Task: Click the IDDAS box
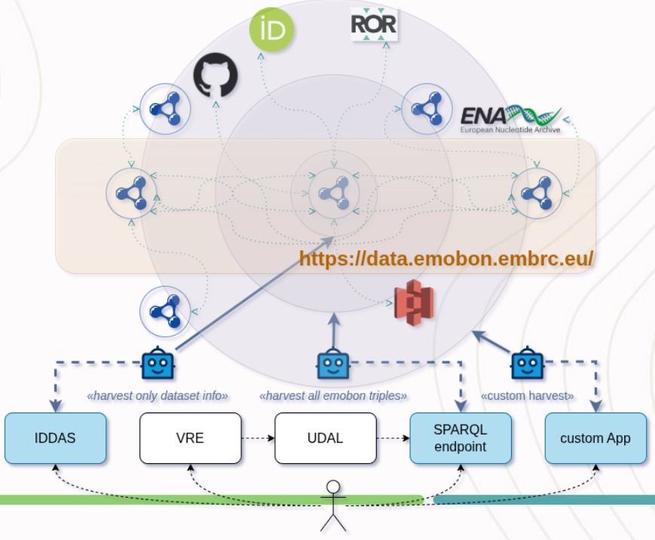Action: tap(55, 438)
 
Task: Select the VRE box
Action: tap(191, 438)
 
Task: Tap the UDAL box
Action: tap(325, 438)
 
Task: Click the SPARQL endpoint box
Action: tap(460, 438)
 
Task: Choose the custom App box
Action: tap(595, 438)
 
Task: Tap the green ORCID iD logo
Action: tap(271, 31)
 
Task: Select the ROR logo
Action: tap(374, 24)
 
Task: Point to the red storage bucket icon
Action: tap(414, 302)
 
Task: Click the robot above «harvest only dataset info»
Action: tap(158, 365)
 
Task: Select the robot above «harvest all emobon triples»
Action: tap(332, 365)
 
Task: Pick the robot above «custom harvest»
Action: tap(528, 365)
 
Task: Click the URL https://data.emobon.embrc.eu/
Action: tap(446, 259)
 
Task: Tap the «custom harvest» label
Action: tap(527, 396)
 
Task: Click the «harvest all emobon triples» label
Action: tap(332, 396)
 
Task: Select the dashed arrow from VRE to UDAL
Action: tap(258, 438)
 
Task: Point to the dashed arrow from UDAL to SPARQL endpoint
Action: tap(393, 438)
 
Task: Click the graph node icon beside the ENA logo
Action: tap(427, 109)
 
